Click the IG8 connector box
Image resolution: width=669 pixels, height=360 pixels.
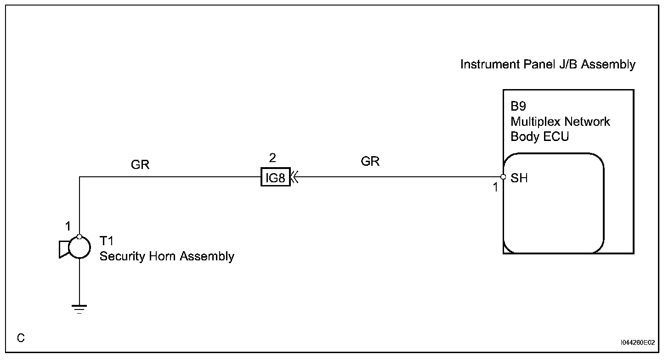pos(276,177)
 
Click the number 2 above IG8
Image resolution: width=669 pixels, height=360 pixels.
pos(272,158)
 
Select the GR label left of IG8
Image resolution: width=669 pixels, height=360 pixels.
pos(140,165)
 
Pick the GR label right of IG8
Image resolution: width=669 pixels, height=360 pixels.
pos(370,161)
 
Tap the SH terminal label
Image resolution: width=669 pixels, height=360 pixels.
pos(519,178)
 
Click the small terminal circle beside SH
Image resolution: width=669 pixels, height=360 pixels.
pos(503,177)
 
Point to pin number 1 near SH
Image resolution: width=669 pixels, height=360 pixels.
pos(495,187)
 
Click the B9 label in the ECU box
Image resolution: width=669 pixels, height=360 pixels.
pos(518,107)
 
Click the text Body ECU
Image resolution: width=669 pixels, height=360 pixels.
pos(539,137)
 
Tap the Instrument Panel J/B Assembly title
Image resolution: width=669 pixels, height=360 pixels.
pos(548,64)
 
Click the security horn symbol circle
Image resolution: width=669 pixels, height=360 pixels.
pos(79,248)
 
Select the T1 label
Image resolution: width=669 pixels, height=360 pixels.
pos(107,242)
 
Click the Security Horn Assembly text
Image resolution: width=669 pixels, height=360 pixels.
pos(167,256)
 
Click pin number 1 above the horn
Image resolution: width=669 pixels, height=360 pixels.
pos(68,226)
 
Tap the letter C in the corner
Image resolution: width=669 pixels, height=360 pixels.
pos(21,338)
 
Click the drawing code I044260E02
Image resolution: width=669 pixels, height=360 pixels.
pos(637,343)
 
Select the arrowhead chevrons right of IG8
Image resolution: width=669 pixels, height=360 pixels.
pos(295,177)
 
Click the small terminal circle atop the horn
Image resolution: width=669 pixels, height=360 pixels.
pos(79,237)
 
